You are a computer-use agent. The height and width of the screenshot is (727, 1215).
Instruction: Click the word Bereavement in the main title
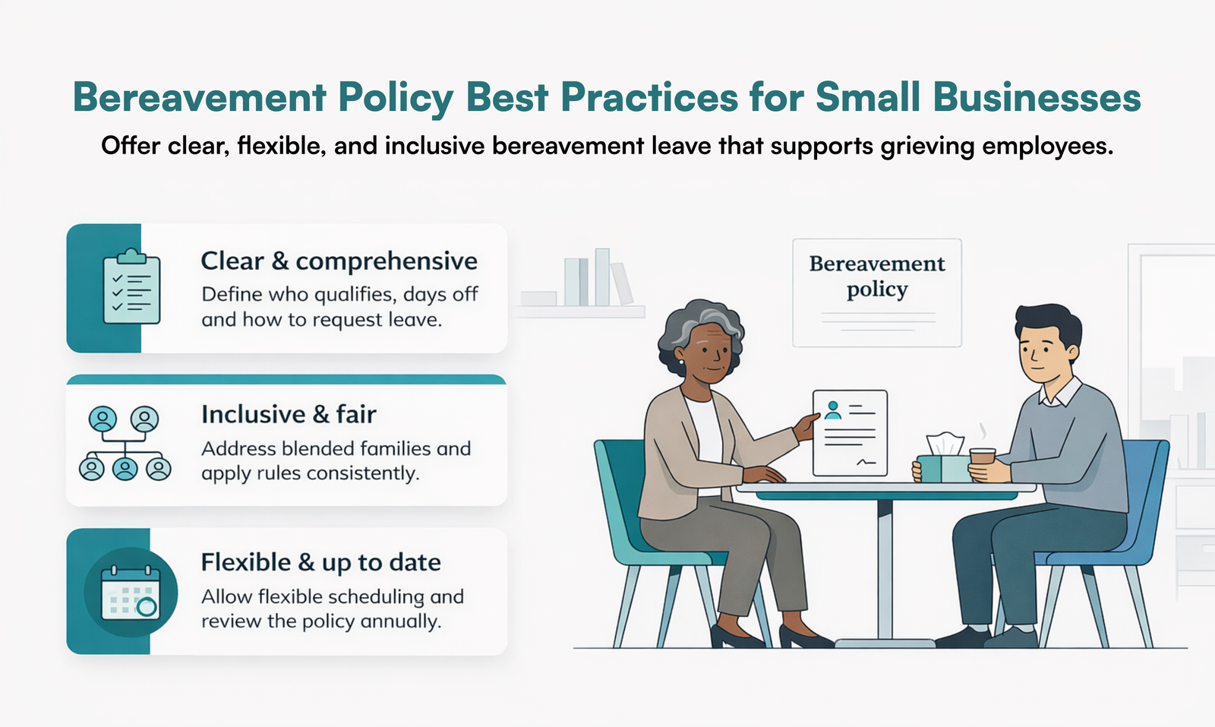(x=200, y=97)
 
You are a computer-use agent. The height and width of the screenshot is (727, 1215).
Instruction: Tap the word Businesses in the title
(x=1037, y=97)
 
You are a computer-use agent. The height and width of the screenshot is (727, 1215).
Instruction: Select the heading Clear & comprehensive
(x=339, y=261)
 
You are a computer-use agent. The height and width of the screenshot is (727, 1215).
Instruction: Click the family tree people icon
(x=125, y=444)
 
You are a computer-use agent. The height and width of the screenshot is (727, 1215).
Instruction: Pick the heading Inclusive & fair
(x=289, y=415)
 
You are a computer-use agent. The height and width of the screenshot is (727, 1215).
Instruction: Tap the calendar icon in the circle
(x=131, y=593)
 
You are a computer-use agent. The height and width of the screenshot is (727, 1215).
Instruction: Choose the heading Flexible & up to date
(x=320, y=563)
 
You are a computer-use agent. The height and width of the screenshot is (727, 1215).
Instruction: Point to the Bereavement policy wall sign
(x=877, y=292)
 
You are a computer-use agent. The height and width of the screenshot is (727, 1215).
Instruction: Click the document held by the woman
(x=850, y=432)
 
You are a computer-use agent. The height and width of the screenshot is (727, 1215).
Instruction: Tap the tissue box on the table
(x=943, y=462)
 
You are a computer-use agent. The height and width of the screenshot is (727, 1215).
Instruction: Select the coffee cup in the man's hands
(x=982, y=459)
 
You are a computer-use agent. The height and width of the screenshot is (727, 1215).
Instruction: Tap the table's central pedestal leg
(x=885, y=570)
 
